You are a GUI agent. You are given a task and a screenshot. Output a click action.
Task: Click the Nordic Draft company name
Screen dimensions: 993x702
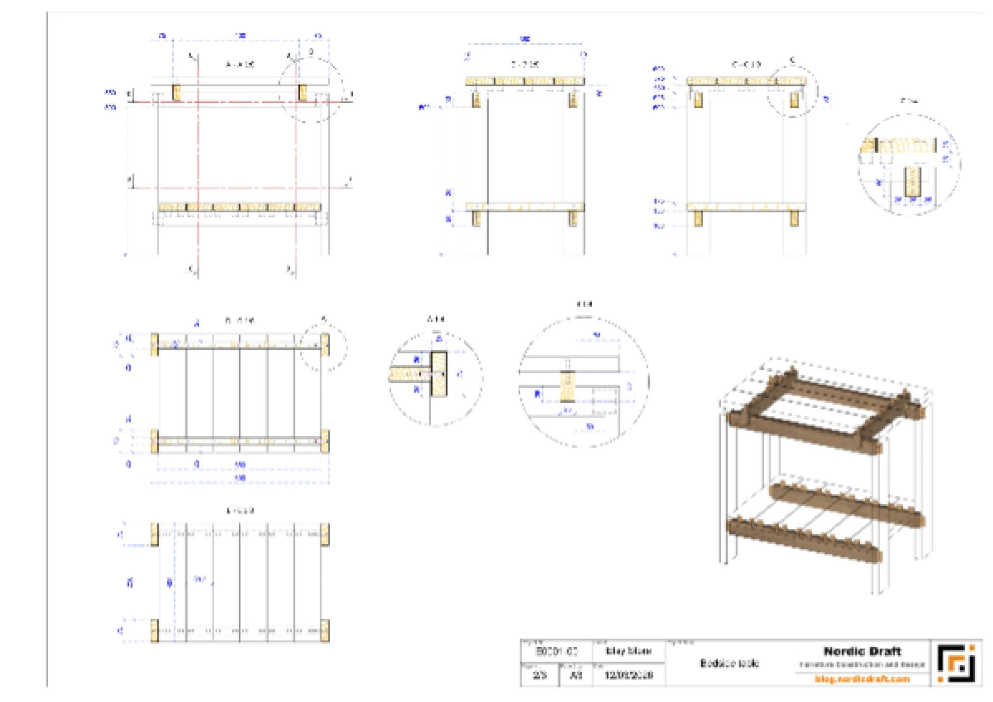click(x=862, y=652)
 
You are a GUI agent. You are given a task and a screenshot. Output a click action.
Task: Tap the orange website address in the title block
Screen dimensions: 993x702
click(x=862, y=679)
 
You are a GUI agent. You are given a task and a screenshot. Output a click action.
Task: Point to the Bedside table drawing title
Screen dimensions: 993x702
click(x=729, y=663)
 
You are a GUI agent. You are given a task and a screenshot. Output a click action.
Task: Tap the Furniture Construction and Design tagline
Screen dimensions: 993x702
click(x=862, y=664)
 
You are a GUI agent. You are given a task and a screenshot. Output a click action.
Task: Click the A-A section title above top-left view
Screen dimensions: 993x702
click(x=240, y=64)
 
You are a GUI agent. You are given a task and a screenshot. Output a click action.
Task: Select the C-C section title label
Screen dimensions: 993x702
click(x=746, y=64)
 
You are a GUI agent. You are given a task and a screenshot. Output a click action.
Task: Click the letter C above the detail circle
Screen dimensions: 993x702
click(x=792, y=60)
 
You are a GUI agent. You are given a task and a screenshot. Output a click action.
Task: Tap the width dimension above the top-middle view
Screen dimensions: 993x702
click(x=525, y=39)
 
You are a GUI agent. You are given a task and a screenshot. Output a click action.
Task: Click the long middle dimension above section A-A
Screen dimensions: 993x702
click(x=240, y=35)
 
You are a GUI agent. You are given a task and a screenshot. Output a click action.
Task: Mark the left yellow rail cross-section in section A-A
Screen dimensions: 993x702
click(x=176, y=93)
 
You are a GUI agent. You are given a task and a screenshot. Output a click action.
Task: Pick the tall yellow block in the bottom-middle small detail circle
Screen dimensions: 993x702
click(x=439, y=374)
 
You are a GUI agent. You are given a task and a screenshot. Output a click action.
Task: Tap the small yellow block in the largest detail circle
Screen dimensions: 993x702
click(x=568, y=386)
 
